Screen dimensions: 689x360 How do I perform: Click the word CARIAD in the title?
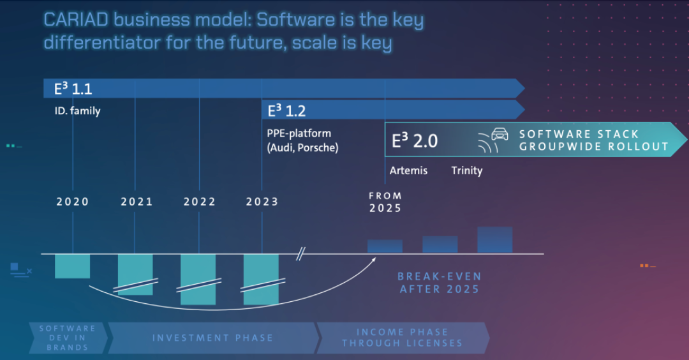[75, 20]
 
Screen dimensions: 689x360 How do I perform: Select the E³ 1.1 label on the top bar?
[73, 89]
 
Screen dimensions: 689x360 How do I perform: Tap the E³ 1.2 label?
[286, 111]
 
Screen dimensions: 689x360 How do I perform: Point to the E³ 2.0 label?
[415, 140]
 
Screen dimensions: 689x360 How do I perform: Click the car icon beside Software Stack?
[500, 134]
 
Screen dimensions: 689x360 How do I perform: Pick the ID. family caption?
[77, 111]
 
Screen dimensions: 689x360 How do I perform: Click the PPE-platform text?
[299, 133]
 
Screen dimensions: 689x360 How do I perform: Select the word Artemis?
[408, 170]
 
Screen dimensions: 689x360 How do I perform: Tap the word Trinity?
[466, 170]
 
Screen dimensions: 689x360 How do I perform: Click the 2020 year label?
[73, 202]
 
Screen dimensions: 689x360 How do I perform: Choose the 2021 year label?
[137, 202]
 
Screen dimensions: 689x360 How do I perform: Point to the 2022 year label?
[200, 202]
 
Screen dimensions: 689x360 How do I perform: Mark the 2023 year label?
[262, 202]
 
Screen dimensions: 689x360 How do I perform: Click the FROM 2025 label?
[385, 202]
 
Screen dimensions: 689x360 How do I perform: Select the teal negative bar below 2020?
[73, 266]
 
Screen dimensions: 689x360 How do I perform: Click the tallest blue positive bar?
[495, 240]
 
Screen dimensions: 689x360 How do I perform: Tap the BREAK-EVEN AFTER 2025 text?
[440, 283]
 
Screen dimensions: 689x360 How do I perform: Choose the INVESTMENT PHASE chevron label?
[212, 338]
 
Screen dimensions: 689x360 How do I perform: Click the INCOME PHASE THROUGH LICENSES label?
[402, 338]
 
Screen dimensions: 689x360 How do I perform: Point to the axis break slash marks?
[300, 254]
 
